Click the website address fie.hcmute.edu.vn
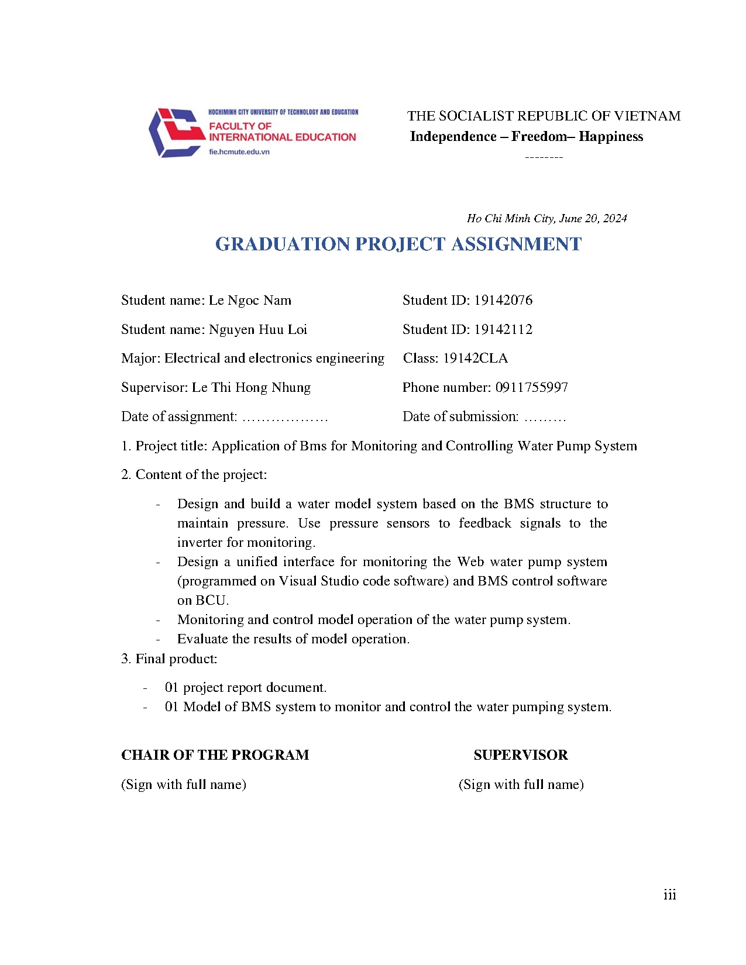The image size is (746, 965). (239, 152)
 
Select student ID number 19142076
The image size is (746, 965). (503, 301)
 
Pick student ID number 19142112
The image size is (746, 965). (503, 330)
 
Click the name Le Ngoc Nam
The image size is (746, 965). (250, 301)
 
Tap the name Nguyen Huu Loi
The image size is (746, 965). (258, 330)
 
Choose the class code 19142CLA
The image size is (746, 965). (475, 359)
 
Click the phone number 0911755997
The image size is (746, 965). (532, 388)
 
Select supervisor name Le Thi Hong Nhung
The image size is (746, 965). (251, 388)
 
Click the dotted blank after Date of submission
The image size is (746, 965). (545, 418)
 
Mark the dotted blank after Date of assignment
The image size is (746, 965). (285, 418)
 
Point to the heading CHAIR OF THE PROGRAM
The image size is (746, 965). (215, 755)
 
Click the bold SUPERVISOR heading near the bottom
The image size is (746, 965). (521, 755)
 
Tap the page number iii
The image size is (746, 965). (670, 895)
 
